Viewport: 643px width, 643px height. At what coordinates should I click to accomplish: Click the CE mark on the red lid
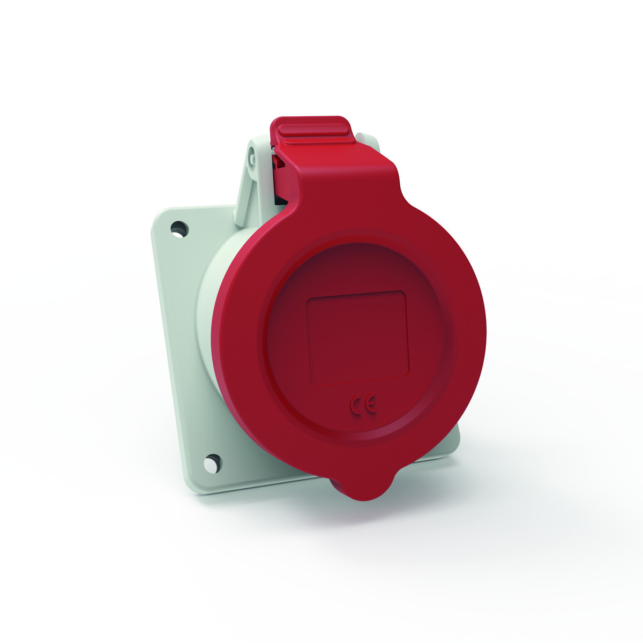coord(364,406)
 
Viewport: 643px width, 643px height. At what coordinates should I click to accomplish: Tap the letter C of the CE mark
coord(357,406)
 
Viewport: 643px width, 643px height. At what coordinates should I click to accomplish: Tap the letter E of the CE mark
coord(371,406)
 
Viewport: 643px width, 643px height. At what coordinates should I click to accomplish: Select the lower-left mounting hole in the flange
coord(212,461)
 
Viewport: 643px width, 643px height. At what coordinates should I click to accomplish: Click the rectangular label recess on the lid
coord(357,338)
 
